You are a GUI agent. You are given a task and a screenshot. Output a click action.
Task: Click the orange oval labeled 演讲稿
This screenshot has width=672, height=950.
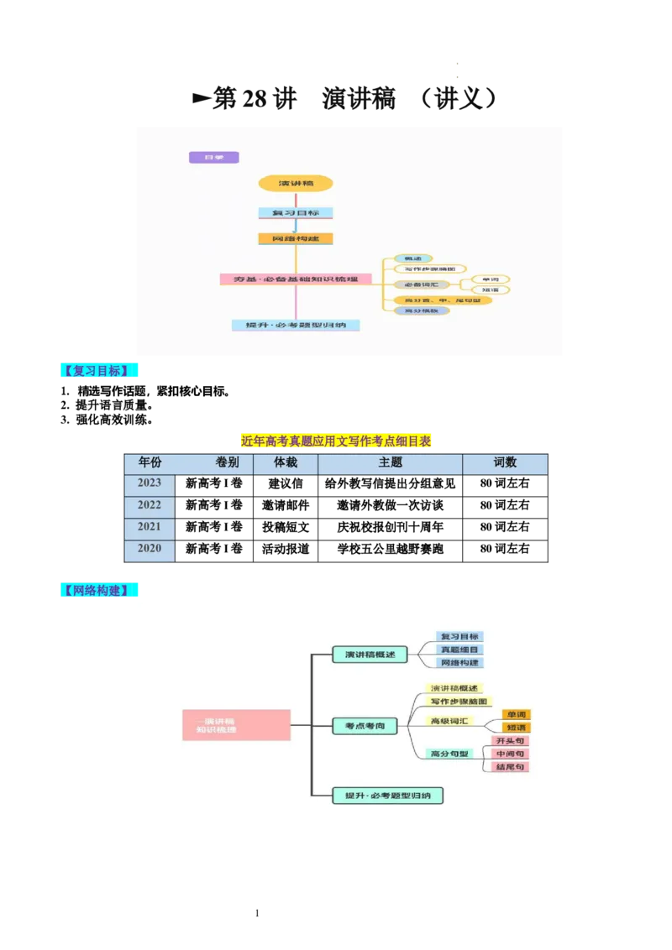click(295, 183)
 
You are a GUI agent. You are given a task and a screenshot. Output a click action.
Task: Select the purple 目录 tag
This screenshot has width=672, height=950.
click(214, 157)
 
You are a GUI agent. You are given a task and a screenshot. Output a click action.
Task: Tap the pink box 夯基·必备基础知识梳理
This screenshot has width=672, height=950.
click(296, 279)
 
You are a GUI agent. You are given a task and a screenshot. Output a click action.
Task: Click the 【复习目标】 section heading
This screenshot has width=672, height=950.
click(100, 371)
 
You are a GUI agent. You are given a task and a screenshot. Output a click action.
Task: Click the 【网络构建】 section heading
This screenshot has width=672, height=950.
click(100, 590)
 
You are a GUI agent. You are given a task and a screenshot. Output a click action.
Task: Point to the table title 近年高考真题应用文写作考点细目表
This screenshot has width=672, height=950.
click(336, 441)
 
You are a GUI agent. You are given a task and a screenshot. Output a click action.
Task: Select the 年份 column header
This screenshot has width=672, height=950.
click(150, 462)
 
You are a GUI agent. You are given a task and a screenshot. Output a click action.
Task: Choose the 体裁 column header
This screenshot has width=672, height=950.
click(286, 462)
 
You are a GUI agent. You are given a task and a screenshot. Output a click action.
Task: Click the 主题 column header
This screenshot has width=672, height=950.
click(390, 462)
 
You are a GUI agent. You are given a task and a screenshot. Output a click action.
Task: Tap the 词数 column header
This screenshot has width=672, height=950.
click(505, 462)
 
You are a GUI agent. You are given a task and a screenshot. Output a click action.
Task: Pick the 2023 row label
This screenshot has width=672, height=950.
click(150, 483)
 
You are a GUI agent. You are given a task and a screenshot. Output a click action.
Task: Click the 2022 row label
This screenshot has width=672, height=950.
click(150, 505)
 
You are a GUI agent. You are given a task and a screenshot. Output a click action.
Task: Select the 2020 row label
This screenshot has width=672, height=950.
click(150, 549)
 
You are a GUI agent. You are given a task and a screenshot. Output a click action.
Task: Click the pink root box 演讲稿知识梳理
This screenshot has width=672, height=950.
click(236, 725)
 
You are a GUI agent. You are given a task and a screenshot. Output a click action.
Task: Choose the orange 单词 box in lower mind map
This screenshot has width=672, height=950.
click(516, 715)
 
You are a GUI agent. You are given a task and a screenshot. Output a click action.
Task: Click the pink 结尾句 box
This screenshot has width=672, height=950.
click(511, 767)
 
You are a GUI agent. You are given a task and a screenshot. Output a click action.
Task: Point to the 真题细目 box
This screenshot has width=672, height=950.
click(459, 650)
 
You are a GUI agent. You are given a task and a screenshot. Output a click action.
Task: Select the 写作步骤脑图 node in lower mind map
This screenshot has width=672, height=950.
click(459, 702)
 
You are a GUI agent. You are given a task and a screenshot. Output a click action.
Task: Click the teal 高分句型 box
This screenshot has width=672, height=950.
click(449, 754)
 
